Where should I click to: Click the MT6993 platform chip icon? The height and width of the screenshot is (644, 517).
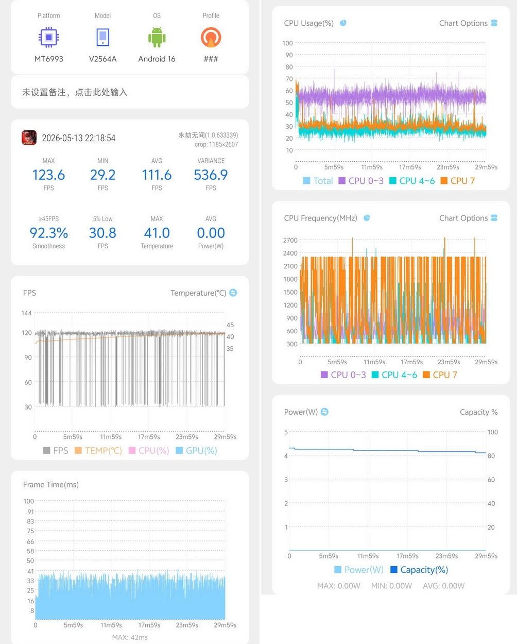tap(49, 38)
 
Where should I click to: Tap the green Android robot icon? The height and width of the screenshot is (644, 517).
tap(157, 38)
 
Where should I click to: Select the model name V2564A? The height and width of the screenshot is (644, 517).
tap(102, 59)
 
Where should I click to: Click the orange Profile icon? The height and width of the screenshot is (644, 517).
tap(211, 38)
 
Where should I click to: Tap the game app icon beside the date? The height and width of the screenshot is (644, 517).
tap(29, 138)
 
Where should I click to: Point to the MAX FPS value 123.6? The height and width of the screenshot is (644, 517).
tap(48, 175)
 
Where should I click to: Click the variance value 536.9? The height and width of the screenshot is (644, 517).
tap(211, 175)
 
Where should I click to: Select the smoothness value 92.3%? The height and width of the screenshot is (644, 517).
tap(49, 233)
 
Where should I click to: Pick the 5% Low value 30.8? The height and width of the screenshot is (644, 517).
tap(102, 233)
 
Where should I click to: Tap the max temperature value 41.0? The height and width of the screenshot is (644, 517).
tap(157, 233)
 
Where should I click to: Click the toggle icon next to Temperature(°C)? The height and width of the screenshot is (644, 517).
tap(233, 293)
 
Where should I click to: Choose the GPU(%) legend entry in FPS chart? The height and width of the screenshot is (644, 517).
tap(197, 451)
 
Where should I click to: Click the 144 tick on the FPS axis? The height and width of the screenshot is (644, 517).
tap(26, 313)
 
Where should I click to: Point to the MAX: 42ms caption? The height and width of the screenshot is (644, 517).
tap(130, 637)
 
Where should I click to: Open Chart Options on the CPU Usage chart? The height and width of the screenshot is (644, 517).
tap(468, 23)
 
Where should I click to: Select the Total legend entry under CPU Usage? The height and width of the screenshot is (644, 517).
tap(318, 181)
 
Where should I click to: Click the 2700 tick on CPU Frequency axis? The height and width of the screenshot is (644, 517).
tap(290, 240)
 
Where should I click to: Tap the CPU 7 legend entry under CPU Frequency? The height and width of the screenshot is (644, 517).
tap(440, 375)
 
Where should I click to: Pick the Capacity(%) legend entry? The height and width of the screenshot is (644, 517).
tap(420, 570)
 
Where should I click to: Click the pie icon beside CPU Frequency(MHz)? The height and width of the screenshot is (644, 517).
tap(367, 218)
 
